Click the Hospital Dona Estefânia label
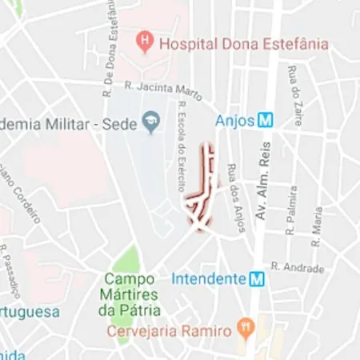pyautogui.click(x=243, y=44)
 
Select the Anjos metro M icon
pyautogui.click(x=266, y=121)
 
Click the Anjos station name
pyautogui.click(x=234, y=121)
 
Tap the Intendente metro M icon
pyautogui.click(x=257, y=279)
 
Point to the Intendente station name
pyautogui.click(x=208, y=279)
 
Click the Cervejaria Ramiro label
pyautogui.click(x=170, y=330)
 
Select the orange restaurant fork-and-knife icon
pyautogui.click(x=246, y=328)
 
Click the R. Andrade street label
pyautogui.click(x=297, y=267)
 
